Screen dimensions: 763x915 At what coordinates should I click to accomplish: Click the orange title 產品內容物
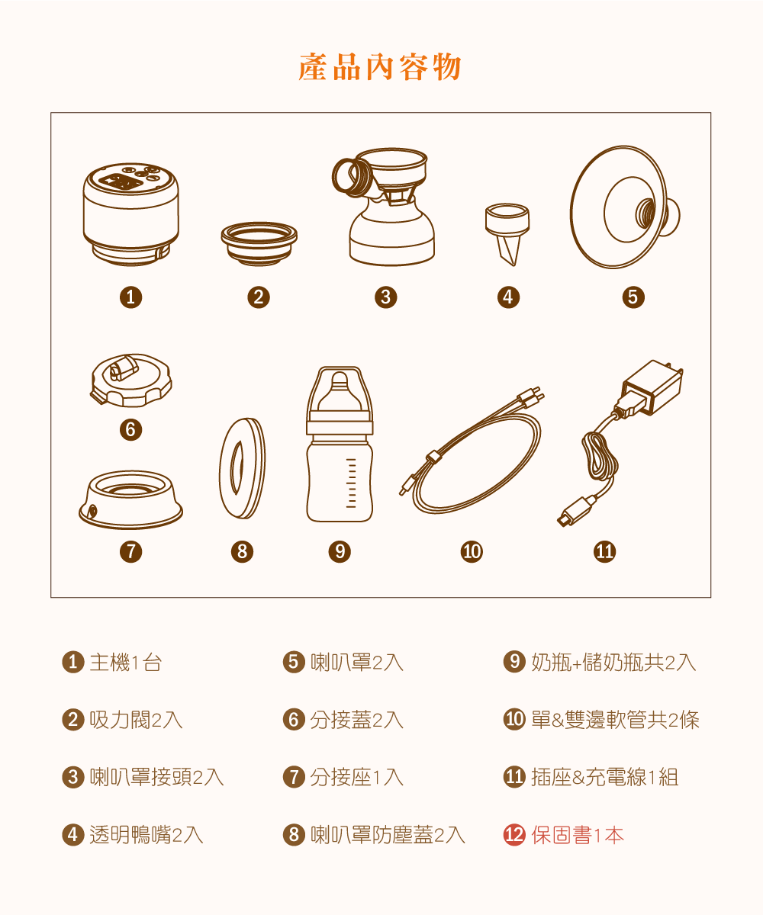coord(380,67)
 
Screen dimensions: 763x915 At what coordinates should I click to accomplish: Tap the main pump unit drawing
coord(130,214)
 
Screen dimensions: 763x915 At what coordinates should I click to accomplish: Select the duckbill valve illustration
coord(507,234)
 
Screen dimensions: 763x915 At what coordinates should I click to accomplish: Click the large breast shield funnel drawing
coord(625,207)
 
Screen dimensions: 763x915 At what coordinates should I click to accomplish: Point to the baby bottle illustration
coord(340,444)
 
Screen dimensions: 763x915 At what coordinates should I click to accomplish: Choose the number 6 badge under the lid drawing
coord(130,429)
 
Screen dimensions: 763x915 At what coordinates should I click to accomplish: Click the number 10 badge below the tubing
coord(472,551)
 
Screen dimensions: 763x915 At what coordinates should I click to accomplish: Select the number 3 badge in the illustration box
coord(386,297)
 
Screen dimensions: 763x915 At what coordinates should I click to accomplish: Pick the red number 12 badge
coord(514,835)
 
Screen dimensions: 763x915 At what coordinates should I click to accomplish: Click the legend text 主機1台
coord(125,662)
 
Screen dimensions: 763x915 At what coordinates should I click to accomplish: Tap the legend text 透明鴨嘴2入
coord(146,835)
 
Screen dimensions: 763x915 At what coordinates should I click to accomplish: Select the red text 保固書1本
coord(578,835)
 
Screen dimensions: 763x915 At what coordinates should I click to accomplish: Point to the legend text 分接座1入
coord(356,777)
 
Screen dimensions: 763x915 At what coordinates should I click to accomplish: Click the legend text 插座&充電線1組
coord(605,777)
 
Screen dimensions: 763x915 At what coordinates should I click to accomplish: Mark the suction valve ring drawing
coord(259,244)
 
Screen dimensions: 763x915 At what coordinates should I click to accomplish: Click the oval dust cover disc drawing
coord(242,468)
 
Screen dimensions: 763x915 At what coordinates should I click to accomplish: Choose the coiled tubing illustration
coord(472,451)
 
